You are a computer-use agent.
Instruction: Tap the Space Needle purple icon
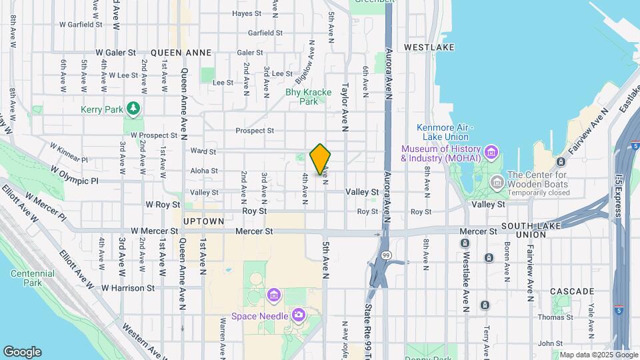point(298,314)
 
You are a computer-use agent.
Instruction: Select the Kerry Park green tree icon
point(134,107)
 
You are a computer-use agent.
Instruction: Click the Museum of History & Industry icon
point(491,152)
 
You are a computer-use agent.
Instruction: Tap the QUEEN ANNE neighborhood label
point(181,52)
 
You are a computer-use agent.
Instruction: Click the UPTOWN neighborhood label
point(203,221)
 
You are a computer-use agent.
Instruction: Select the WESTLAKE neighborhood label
point(429,47)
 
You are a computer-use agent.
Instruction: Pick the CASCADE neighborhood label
point(572,291)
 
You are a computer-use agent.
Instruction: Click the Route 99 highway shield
point(386,255)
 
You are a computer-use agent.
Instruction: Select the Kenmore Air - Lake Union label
point(445,132)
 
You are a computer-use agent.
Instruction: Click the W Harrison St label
point(128,288)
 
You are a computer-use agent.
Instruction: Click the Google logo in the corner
point(22,352)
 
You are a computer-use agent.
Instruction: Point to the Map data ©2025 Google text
point(598,355)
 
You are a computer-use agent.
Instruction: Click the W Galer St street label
point(115,52)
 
